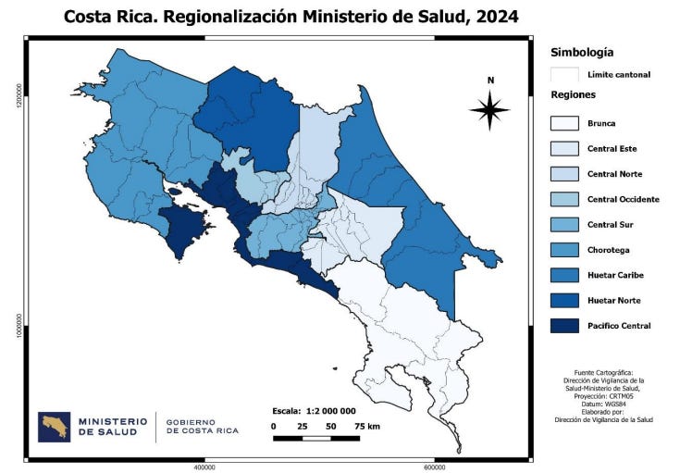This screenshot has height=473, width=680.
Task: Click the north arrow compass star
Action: click(489, 111)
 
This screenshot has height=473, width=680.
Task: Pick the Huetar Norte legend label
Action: click(613, 301)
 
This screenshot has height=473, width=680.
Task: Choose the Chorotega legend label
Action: click(609, 250)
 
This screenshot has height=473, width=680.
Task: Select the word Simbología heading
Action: click(582, 53)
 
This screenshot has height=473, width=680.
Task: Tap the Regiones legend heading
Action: click(573, 94)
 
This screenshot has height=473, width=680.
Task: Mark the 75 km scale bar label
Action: click(367, 426)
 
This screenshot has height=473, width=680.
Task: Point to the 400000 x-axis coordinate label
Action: click(204, 467)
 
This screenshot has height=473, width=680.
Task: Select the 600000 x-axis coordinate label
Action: click(435, 467)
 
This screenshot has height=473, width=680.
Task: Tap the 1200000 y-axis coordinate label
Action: click(18, 93)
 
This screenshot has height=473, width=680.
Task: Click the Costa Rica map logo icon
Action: click(54, 427)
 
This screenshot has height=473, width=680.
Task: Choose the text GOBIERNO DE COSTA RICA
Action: click(202, 427)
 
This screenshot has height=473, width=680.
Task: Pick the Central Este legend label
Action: click(612, 149)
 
